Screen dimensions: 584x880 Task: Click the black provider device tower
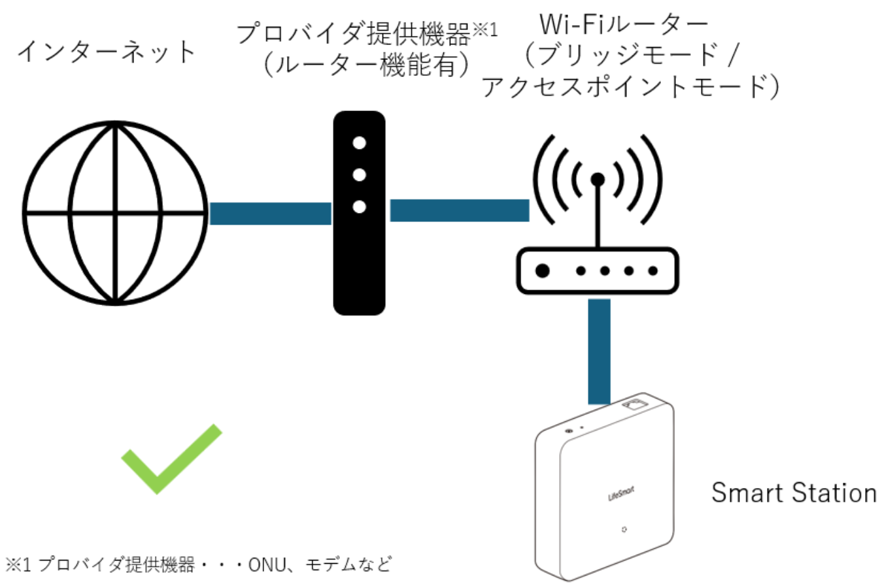pos(359,213)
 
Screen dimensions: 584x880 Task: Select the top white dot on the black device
pos(359,143)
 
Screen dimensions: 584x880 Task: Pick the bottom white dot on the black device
pos(359,207)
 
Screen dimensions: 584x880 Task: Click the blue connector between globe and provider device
pos(270,213)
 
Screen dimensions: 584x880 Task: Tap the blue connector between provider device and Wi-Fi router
pos(459,210)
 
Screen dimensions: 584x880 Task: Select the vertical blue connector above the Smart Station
pos(599,351)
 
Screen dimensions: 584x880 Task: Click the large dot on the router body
pos(542,270)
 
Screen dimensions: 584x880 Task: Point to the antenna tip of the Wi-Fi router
pos(596,178)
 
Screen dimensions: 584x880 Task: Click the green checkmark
pos(171,459)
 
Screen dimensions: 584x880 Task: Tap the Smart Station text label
pos(793,493)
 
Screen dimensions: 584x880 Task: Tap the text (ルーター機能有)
pos(367,65)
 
